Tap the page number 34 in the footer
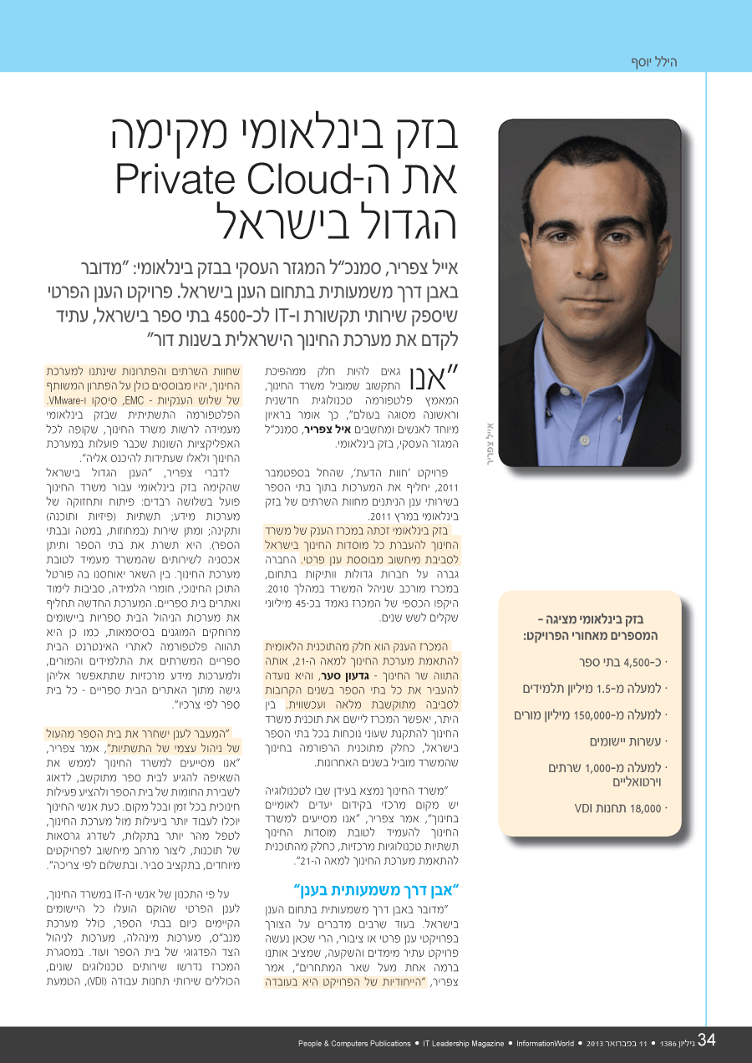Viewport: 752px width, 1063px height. pos(707,1040)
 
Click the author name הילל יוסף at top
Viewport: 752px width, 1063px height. pos(653,62)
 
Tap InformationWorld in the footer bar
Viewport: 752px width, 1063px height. pos(545,1044)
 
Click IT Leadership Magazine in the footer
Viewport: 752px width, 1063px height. pos(464,1044)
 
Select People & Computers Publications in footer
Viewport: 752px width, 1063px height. pos(354,1044)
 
